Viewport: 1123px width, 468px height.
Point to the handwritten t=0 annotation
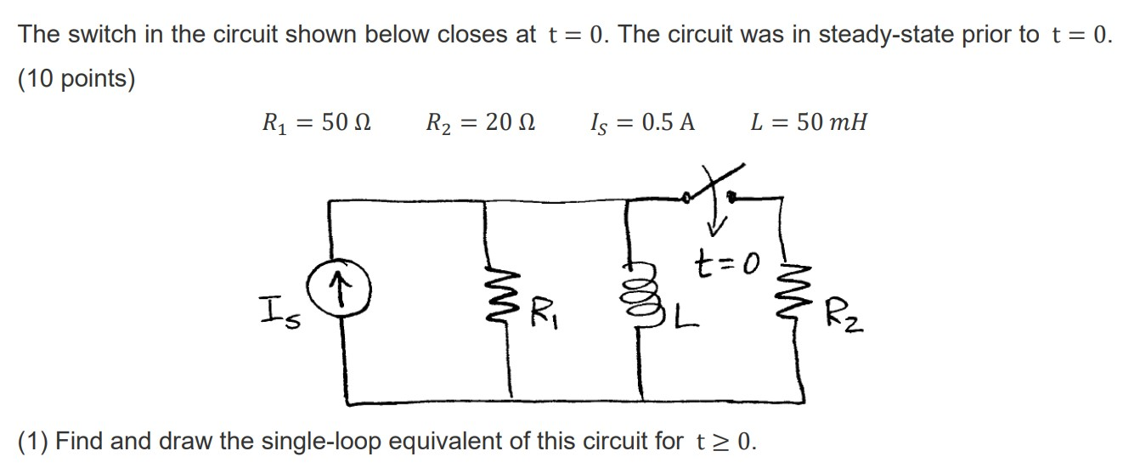724,256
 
